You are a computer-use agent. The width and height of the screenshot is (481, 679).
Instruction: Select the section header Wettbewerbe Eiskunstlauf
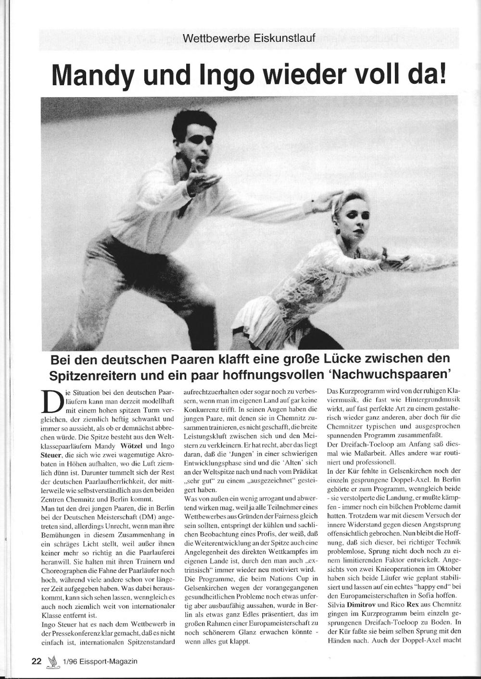[x=249, y=38]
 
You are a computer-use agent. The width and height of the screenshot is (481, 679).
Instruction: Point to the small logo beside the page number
[x=51, y=662]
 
